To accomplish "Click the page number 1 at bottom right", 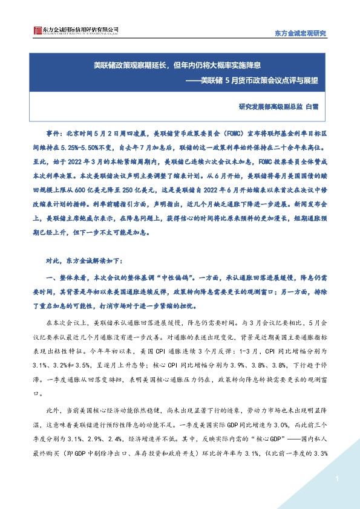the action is coord(335,479).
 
